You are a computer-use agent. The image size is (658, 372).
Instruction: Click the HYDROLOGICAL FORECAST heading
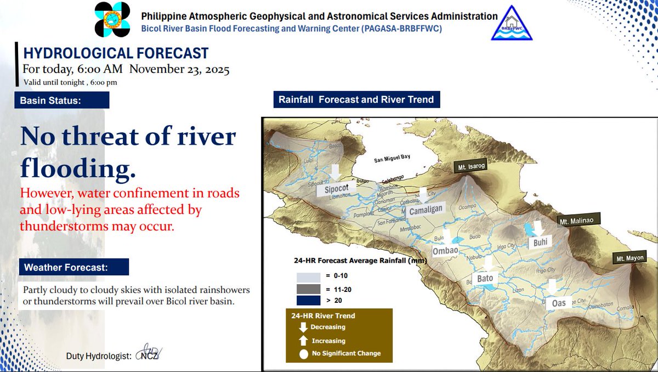116,53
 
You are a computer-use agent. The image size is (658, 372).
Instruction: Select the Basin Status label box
62,100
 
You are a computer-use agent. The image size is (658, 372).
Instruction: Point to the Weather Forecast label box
73,267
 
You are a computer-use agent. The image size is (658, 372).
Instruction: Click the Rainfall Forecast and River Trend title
356,100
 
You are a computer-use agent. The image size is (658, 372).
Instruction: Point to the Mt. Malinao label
577,221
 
